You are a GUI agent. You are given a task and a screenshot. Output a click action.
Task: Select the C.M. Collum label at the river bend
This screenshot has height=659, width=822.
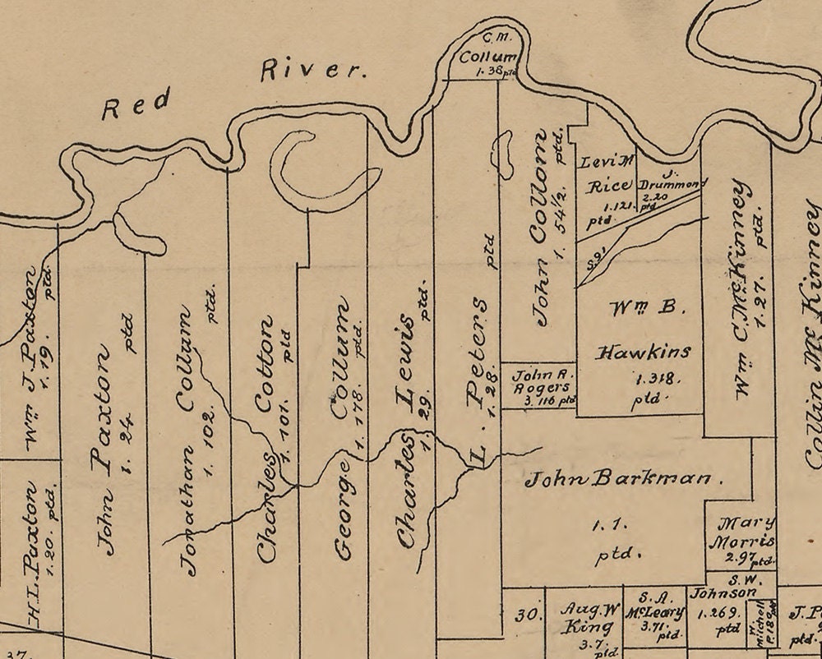(487, 53)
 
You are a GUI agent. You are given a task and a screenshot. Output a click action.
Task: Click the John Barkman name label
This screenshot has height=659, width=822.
(619, 478)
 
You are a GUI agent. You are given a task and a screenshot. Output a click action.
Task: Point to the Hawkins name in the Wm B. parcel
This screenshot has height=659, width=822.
(643, 352)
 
